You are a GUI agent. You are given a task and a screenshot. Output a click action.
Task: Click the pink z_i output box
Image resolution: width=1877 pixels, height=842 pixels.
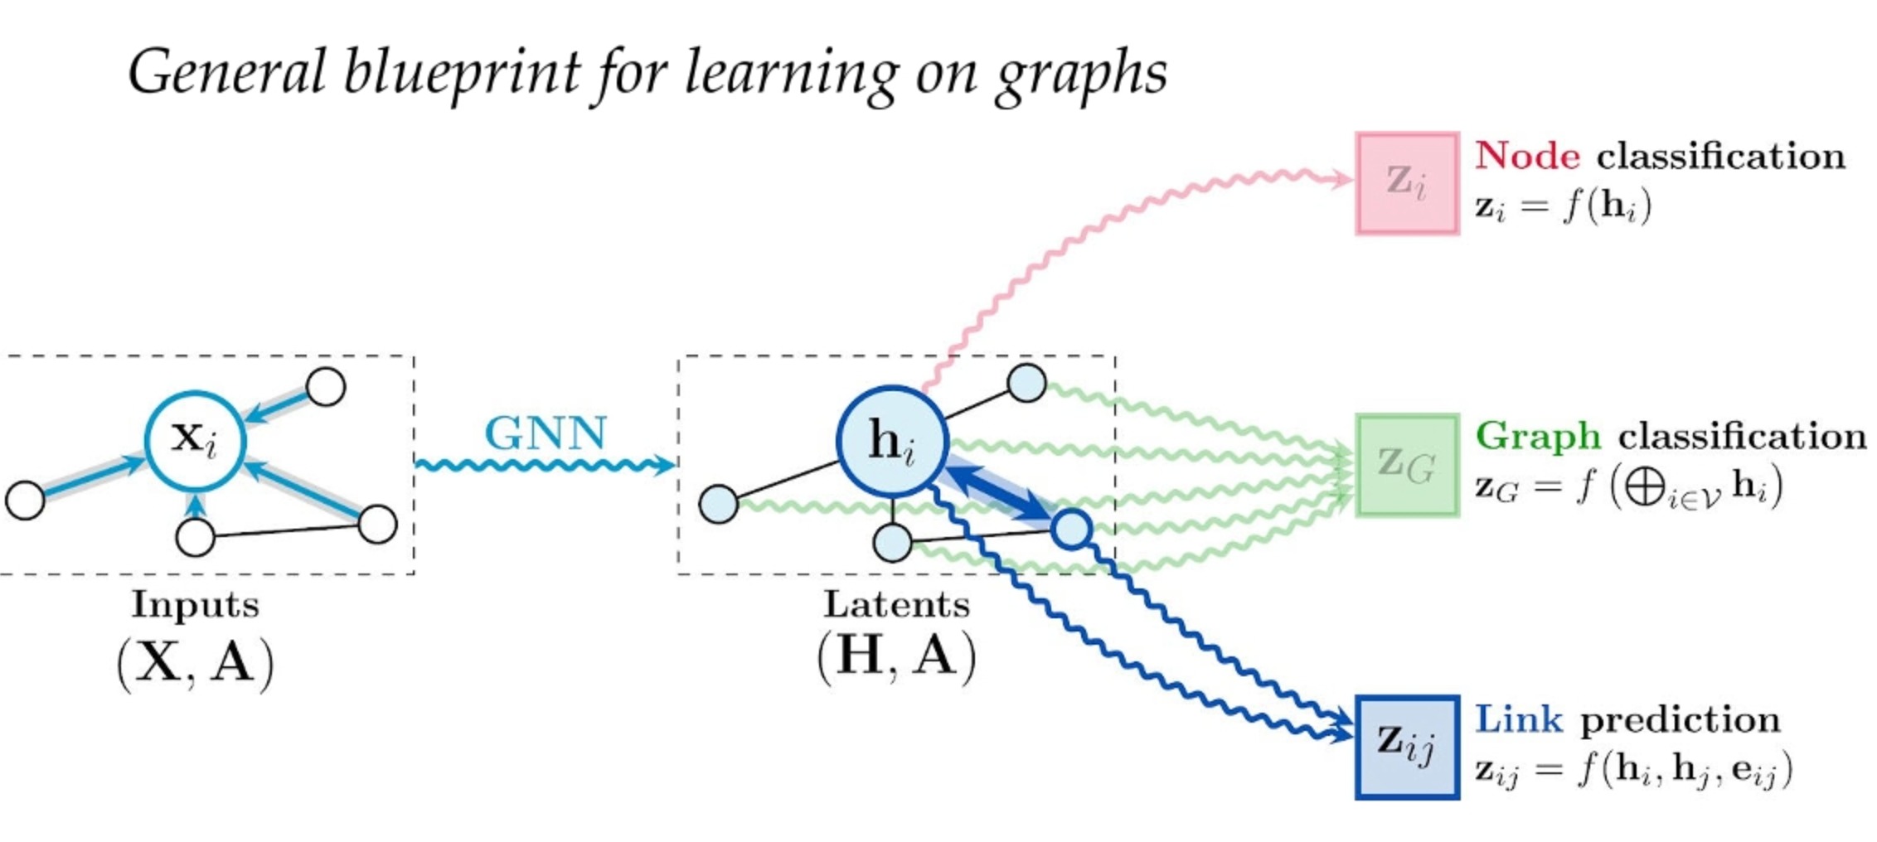coord(1407,183)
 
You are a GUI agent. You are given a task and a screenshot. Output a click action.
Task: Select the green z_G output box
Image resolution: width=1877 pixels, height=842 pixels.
coord(1407,465)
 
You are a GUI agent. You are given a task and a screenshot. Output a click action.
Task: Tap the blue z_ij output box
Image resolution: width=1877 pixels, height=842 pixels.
coord(1407,747)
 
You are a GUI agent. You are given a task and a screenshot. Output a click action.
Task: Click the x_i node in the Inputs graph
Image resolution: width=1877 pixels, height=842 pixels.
coord(195,440)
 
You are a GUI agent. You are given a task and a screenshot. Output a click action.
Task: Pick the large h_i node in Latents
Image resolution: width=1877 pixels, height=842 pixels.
coord(892,442)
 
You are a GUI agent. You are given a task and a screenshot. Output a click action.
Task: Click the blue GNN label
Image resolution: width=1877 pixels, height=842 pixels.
coord(546,433)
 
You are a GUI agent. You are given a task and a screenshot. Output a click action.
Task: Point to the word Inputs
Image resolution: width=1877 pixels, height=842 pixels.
coord(196,604)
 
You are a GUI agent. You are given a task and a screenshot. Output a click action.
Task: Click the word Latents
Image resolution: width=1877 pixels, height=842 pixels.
coord(896,604)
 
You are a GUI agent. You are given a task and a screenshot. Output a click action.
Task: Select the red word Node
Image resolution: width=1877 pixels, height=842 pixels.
coord(1527,156)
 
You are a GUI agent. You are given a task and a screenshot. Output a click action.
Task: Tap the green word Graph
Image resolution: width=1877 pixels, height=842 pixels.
coord(1538,436)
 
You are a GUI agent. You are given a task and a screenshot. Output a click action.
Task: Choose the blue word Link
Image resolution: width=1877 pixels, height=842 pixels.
coord(1519,719)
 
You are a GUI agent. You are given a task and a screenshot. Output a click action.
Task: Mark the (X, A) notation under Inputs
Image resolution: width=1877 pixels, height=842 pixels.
coord(196,663)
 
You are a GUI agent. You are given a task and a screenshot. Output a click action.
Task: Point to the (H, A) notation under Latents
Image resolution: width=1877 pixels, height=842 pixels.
coord(896,657)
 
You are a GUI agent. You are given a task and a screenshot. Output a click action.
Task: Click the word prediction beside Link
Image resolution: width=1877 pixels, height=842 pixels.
coord(1680,719)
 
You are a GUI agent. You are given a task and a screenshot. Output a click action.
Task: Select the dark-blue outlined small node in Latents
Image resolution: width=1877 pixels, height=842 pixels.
coord(1072,529)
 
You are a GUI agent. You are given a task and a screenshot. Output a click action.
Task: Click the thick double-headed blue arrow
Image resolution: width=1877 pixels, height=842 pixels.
coord(999,493)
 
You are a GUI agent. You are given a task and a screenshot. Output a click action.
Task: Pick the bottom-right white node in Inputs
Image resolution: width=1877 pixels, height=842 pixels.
coord(378,524)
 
